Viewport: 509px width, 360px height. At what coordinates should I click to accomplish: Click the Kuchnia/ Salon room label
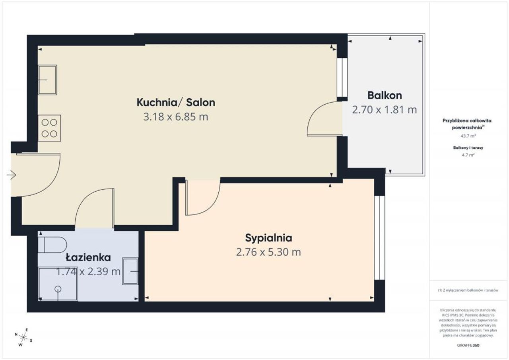tap(176, 103)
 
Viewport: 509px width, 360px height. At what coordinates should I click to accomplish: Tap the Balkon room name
tap(385, 95)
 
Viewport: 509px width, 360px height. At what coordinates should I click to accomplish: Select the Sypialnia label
tap(268, 238)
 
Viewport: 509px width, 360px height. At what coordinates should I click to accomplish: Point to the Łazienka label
tap(88, 257)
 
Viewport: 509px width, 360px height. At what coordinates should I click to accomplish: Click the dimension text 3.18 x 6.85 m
tap(176, 117)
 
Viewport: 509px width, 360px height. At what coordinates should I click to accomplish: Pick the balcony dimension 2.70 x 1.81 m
tap(385, 110)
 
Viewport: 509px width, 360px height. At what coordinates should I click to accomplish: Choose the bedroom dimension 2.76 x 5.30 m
tap(268, 252)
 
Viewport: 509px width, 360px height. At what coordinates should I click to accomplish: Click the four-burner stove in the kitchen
tap(49, 128)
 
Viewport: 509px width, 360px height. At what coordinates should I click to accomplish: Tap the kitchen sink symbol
tap(47, 80)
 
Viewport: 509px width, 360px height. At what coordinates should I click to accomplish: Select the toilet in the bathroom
tap(52, 245)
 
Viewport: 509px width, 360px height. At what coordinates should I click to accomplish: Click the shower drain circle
tap(58, 289)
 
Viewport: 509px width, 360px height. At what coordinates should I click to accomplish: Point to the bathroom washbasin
tap(130, 271)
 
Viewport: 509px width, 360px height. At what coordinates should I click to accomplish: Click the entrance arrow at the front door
tap(11, 175)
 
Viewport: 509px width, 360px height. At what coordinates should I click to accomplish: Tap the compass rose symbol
tap(23, 337)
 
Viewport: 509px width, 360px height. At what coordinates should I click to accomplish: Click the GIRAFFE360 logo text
tap(468, 345)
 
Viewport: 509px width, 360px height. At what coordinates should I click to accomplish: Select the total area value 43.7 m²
tap(468, 136)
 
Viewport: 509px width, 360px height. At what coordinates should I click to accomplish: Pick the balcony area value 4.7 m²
tap(468, 155)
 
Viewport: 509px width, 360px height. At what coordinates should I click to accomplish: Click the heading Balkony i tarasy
tap(468, 148)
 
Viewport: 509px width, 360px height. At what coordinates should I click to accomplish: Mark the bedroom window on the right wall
tap(379, 237)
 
